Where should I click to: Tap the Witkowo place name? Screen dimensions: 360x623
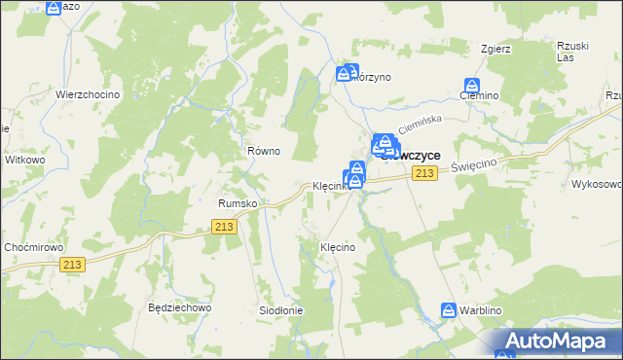(25, 159)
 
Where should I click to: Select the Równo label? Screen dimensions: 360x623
(263, 151)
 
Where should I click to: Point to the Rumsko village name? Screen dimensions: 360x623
(237, 203)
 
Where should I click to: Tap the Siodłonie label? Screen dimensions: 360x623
(280, 310)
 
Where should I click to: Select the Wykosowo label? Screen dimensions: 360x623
(597, 183)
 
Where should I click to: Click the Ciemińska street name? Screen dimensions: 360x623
(421, 124)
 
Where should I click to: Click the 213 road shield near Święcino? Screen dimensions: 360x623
(422, 173)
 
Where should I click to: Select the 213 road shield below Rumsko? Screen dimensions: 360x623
(224, 226)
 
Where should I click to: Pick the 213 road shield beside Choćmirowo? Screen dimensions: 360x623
(72, 264)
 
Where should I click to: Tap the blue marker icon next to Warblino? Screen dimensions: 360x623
(449, 310)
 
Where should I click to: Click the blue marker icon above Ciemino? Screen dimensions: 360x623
(473, 86)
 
